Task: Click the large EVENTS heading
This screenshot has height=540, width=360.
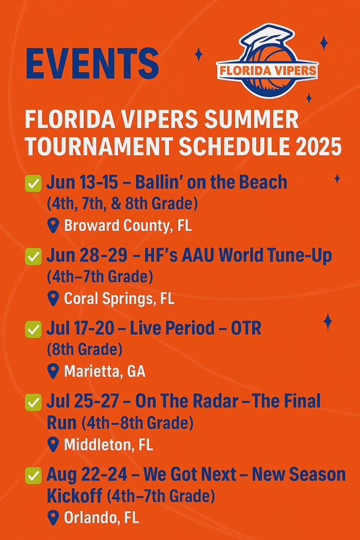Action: click(92, 64)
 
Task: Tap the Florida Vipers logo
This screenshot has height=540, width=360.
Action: click(267, 61)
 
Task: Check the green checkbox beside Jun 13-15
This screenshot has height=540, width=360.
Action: click(33, 183)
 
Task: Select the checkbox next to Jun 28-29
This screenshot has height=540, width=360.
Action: click(33, 256)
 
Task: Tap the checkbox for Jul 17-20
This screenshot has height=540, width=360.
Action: click(33, 329)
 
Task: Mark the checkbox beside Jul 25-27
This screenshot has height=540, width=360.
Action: click(33, 402)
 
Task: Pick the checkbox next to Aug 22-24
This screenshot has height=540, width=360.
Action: click(33, 476)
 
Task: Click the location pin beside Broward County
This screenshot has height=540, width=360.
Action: click(53, 226)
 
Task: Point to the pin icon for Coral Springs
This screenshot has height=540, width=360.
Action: click(53, 298)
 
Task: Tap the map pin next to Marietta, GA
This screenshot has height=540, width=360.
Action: click(53, 371)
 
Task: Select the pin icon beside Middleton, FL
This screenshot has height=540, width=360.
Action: click(53, 445)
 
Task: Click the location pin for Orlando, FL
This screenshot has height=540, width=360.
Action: click(53, 518)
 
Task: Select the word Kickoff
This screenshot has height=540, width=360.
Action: click(74, 496)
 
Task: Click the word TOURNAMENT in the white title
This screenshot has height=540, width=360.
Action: click(99, 147)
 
